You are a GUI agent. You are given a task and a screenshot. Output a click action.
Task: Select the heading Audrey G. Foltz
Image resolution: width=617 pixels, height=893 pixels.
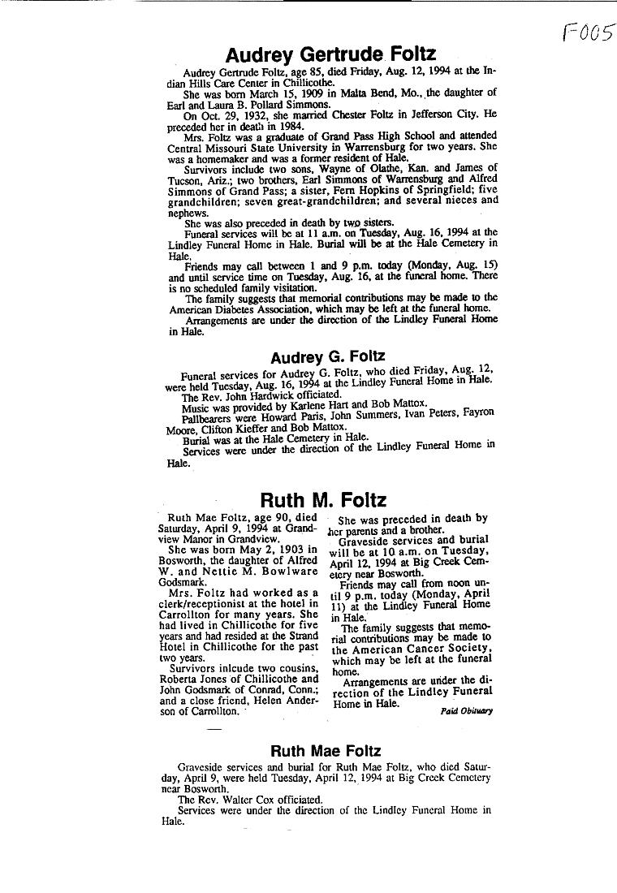[326, 357]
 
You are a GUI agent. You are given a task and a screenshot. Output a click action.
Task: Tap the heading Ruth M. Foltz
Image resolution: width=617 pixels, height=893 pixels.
[323, 500]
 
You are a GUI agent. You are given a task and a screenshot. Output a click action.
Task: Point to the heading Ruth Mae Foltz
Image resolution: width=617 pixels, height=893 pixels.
[326, 751]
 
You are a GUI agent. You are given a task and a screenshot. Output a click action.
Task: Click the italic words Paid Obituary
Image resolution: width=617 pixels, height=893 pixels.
[466, 710]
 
